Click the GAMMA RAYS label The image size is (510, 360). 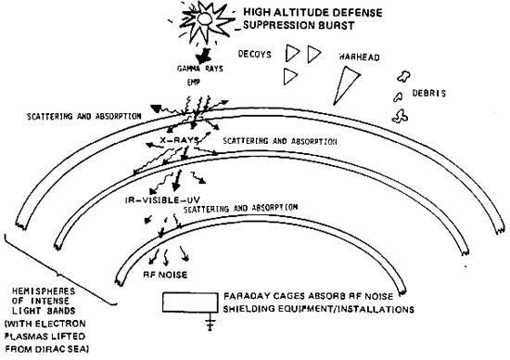pyautogui.click(x=185, y=69)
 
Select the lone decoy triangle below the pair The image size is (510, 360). pyautogui.click(x=292, y=73)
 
